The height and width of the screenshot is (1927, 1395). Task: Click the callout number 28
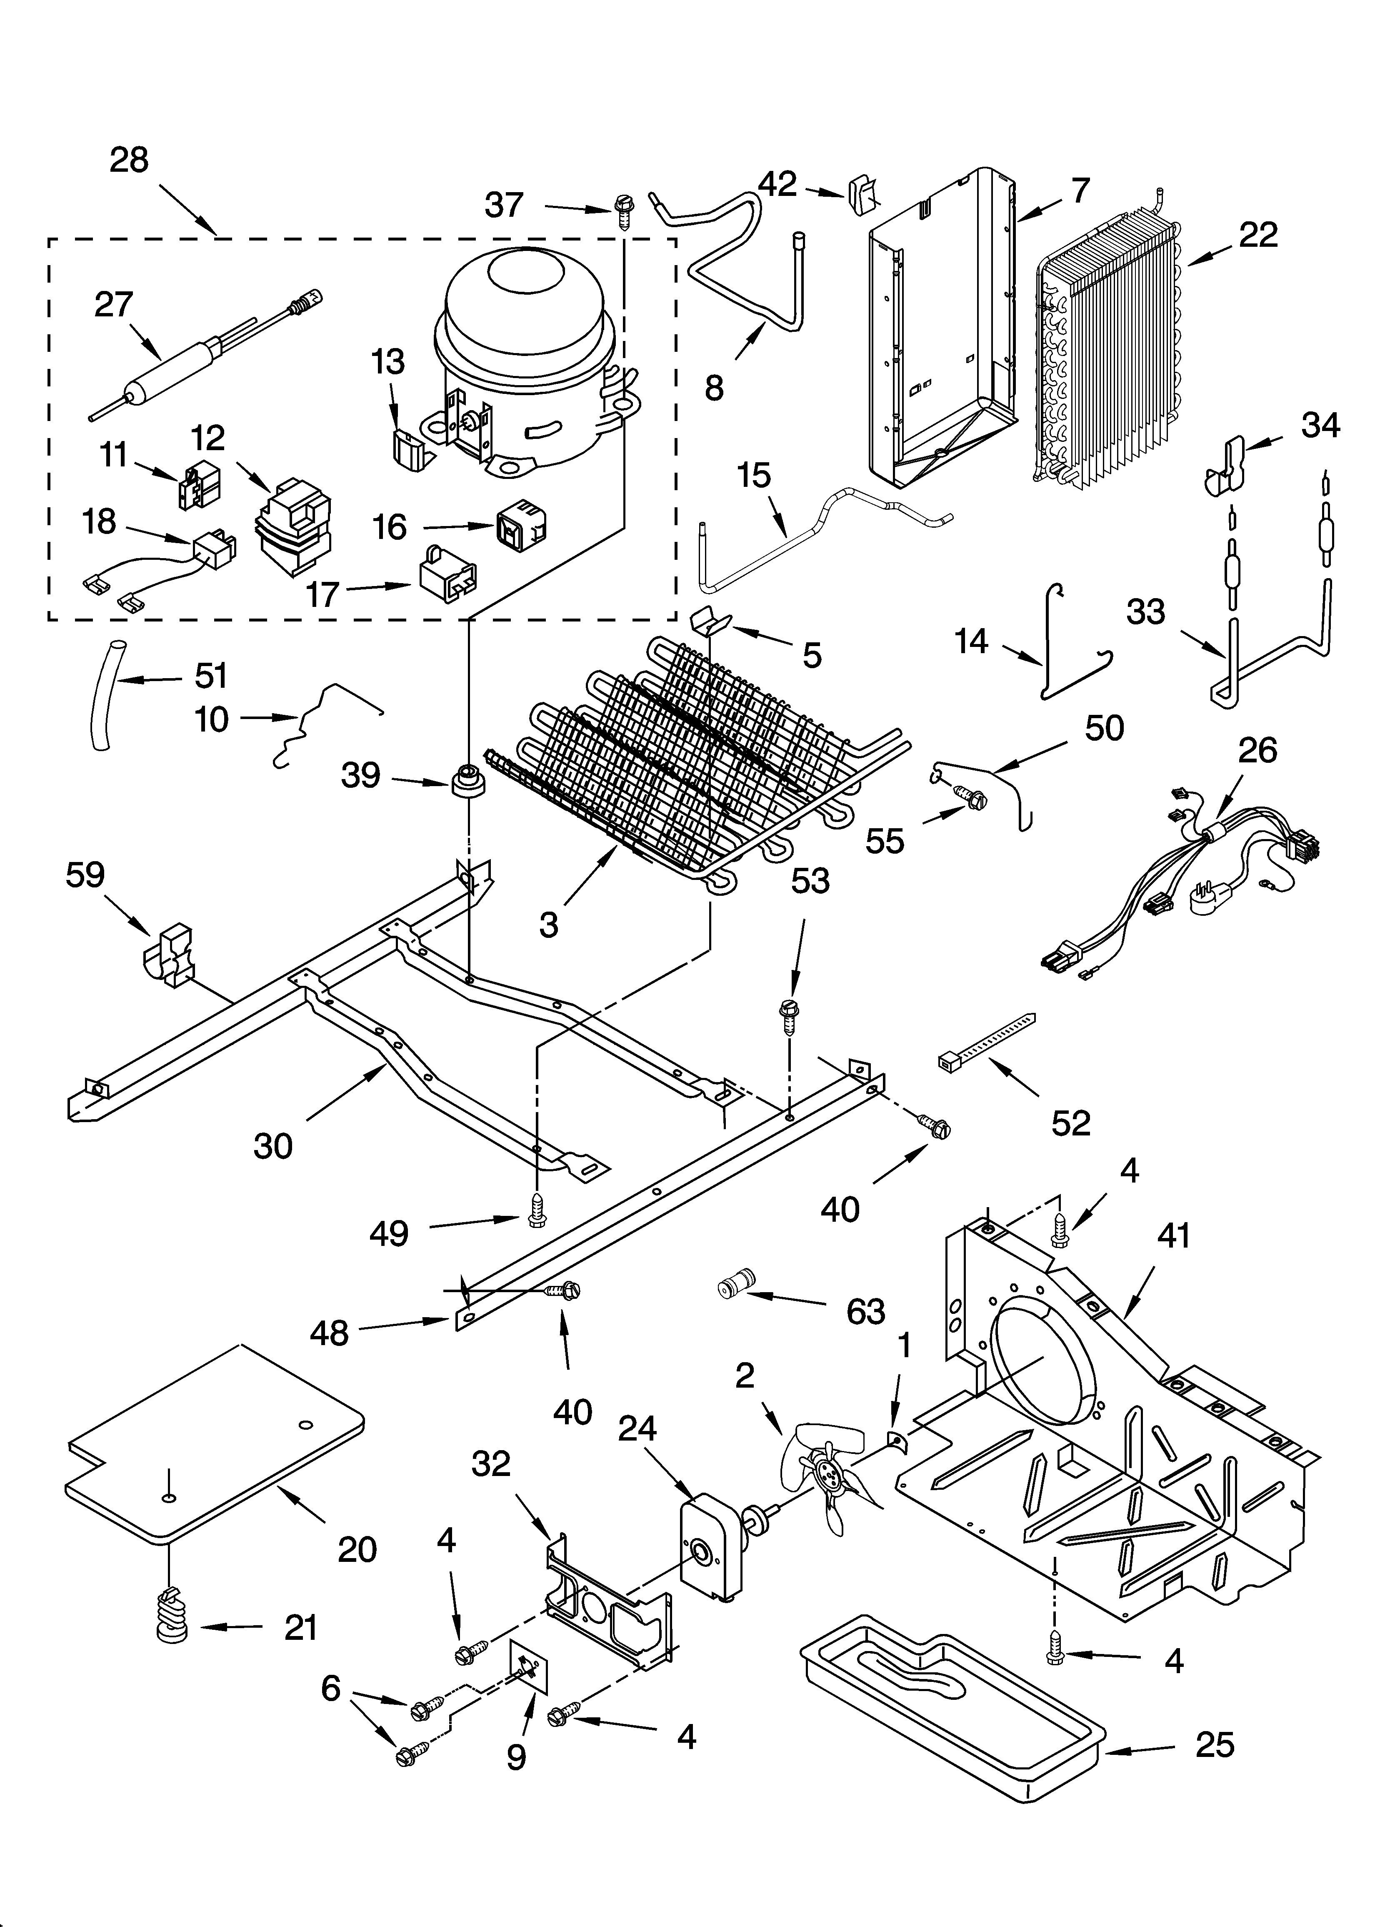point(129,160)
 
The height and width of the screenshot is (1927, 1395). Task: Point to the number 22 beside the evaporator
point(1257,235)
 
